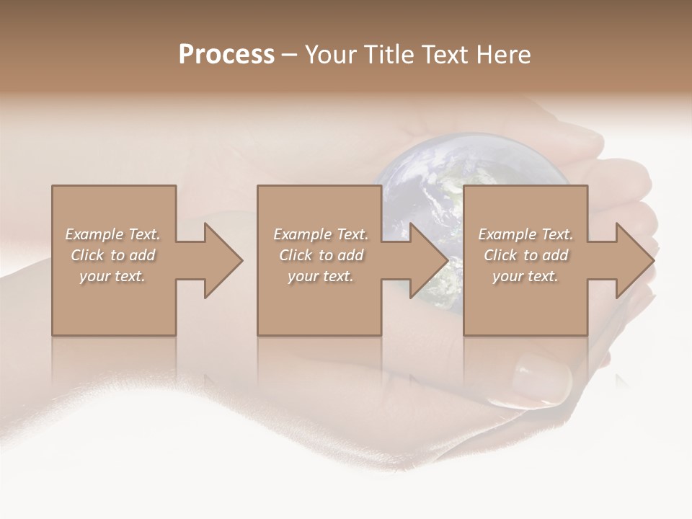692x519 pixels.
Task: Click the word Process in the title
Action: [x=226, y=55]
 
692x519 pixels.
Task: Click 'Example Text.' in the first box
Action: [x=113, y=234]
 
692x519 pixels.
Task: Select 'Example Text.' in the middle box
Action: [x=321, y=234]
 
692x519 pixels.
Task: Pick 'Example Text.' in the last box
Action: [x=525, y=234]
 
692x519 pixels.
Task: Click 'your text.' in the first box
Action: [x=113, y=276]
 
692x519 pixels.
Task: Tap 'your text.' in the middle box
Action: [x=321, y=276]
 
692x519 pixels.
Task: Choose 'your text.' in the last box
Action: [x=525, y=276]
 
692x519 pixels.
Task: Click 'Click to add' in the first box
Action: [x=113, y=255]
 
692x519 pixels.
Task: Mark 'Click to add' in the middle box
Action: [x=321, y=255]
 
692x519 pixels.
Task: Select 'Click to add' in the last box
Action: [x=525, y=255]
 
